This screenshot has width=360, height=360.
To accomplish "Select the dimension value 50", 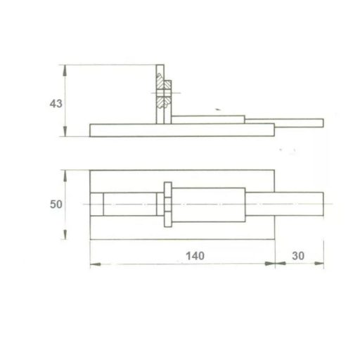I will (57, 205).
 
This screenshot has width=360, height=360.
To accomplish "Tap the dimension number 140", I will (196, 255).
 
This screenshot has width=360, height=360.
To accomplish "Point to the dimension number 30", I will (297, 255).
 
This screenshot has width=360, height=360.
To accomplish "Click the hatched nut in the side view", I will (164, 91).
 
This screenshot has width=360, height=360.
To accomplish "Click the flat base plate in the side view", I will (181, 129).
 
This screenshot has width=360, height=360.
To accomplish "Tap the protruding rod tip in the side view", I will (299, 123).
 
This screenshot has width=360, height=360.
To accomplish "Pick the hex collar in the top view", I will (167, 205).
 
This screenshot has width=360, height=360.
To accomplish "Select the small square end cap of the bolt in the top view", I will (98, 205).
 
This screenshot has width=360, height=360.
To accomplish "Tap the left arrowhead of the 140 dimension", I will (94, 264).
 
